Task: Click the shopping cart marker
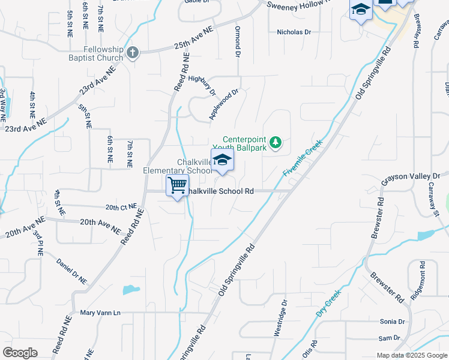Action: point(178,185)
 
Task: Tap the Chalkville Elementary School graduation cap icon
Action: point(222,160)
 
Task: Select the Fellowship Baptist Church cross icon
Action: point(133,53)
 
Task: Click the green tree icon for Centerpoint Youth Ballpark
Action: point(276,142)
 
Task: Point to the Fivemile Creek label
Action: point(303,158)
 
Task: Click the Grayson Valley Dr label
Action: point(411,176)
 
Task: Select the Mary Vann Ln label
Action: point(100,313)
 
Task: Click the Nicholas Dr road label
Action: point(294,32)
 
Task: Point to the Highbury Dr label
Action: point(202,85)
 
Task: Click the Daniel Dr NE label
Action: point(72,272)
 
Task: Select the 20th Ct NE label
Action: point(121,208)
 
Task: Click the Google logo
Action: point(20,353)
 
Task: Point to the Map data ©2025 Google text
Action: point(412,355)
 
